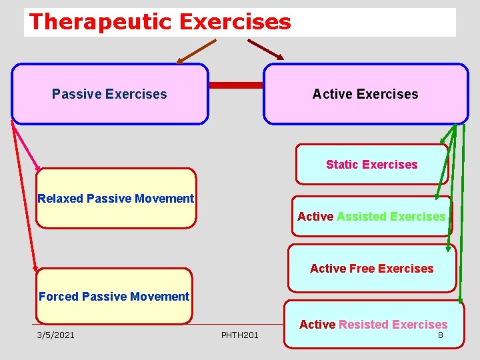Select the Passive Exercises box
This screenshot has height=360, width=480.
click(x=110, y=94)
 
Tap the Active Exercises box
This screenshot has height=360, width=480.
click(x=365, y=94)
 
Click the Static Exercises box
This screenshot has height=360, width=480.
click(x=371, y=164)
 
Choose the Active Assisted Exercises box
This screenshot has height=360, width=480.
click(x=371, y=216)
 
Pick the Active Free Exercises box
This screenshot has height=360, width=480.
click(x=371, y=269)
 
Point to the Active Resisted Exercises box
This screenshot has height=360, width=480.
click(x=373, y=325)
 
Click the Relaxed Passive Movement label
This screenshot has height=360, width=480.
click(x=116, y=199)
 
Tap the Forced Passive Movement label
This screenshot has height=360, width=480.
click(x=114, y=297)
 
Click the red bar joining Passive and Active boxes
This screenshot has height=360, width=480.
click(x=236, y=85)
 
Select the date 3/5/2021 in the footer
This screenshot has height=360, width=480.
click(x=56, y=335)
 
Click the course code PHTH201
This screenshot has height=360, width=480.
click(x=239, y=335)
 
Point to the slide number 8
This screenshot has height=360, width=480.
click(x=440, y=335)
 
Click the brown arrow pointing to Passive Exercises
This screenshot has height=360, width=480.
click(x=197, y=51)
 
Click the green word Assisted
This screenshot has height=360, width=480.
click(x=362, y=216)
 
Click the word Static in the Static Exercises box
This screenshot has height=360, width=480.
click(x=342, y=164)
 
